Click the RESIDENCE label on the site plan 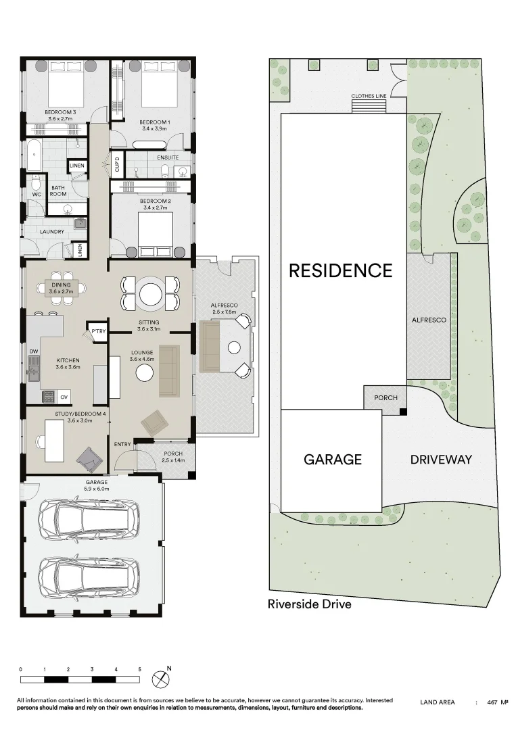coord(340,270)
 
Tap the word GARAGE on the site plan coord(332,460)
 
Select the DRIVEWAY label coord(441,460)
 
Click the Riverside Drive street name coord(310,604)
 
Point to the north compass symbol coord(162,678)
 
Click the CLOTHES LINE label coord(369,96)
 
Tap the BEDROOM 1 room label coord(156,122)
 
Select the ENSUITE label coord(168,157)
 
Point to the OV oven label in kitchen coord(65,397)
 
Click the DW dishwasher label coord(33,352)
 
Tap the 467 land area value coord(492,703)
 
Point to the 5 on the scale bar coord(140,669)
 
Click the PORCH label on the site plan coord(385,398)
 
